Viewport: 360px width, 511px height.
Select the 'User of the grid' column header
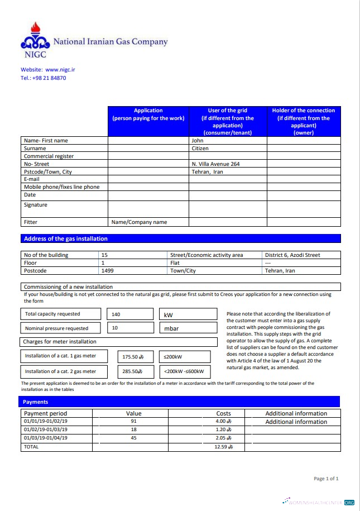tap(227, 121)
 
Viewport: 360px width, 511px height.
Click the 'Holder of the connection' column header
tap(303, 121)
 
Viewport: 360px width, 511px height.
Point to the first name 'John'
tap(198, 141)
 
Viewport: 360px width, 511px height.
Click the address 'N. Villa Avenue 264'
tap(215, 164)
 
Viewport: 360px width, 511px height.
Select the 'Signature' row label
tap(36, 205)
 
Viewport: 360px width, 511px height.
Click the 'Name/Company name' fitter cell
tap(140, 222)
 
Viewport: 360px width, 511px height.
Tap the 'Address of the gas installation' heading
tap(65, 238)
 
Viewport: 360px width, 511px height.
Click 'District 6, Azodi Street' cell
tap(292, 255)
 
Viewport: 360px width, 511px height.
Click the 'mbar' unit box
tap(188, 328)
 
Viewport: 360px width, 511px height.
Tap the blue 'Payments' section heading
tap(36, 402)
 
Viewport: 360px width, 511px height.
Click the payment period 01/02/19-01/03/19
tap(46, 430)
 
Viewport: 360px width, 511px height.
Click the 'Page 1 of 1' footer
tap(326, 479)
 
